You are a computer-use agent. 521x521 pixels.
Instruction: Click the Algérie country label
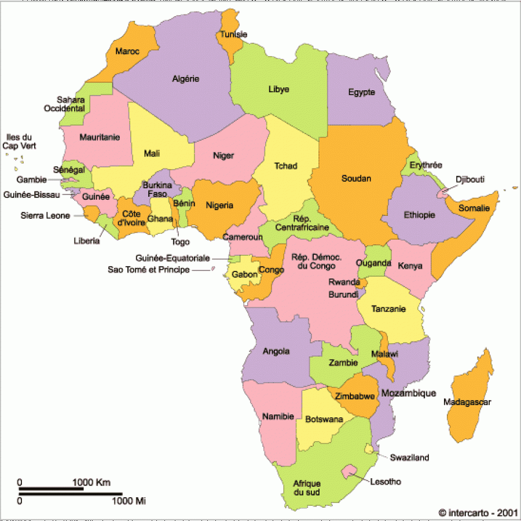186,79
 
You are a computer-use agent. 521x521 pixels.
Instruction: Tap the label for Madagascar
467,402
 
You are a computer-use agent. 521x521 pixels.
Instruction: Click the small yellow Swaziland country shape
369,449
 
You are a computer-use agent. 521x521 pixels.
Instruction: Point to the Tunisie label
233,35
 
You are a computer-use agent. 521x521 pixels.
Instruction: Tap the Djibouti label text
469,179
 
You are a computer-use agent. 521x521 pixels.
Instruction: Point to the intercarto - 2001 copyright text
476,512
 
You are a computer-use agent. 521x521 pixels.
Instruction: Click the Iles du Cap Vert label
20,142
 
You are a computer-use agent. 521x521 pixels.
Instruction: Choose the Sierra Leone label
45,216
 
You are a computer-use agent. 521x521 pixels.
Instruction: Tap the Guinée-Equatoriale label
173,258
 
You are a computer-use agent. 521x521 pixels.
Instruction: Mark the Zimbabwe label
351,397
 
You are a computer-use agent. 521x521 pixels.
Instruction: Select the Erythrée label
425,166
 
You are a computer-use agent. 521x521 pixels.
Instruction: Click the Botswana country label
324,419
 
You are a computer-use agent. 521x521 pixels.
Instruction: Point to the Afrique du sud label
306,487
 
